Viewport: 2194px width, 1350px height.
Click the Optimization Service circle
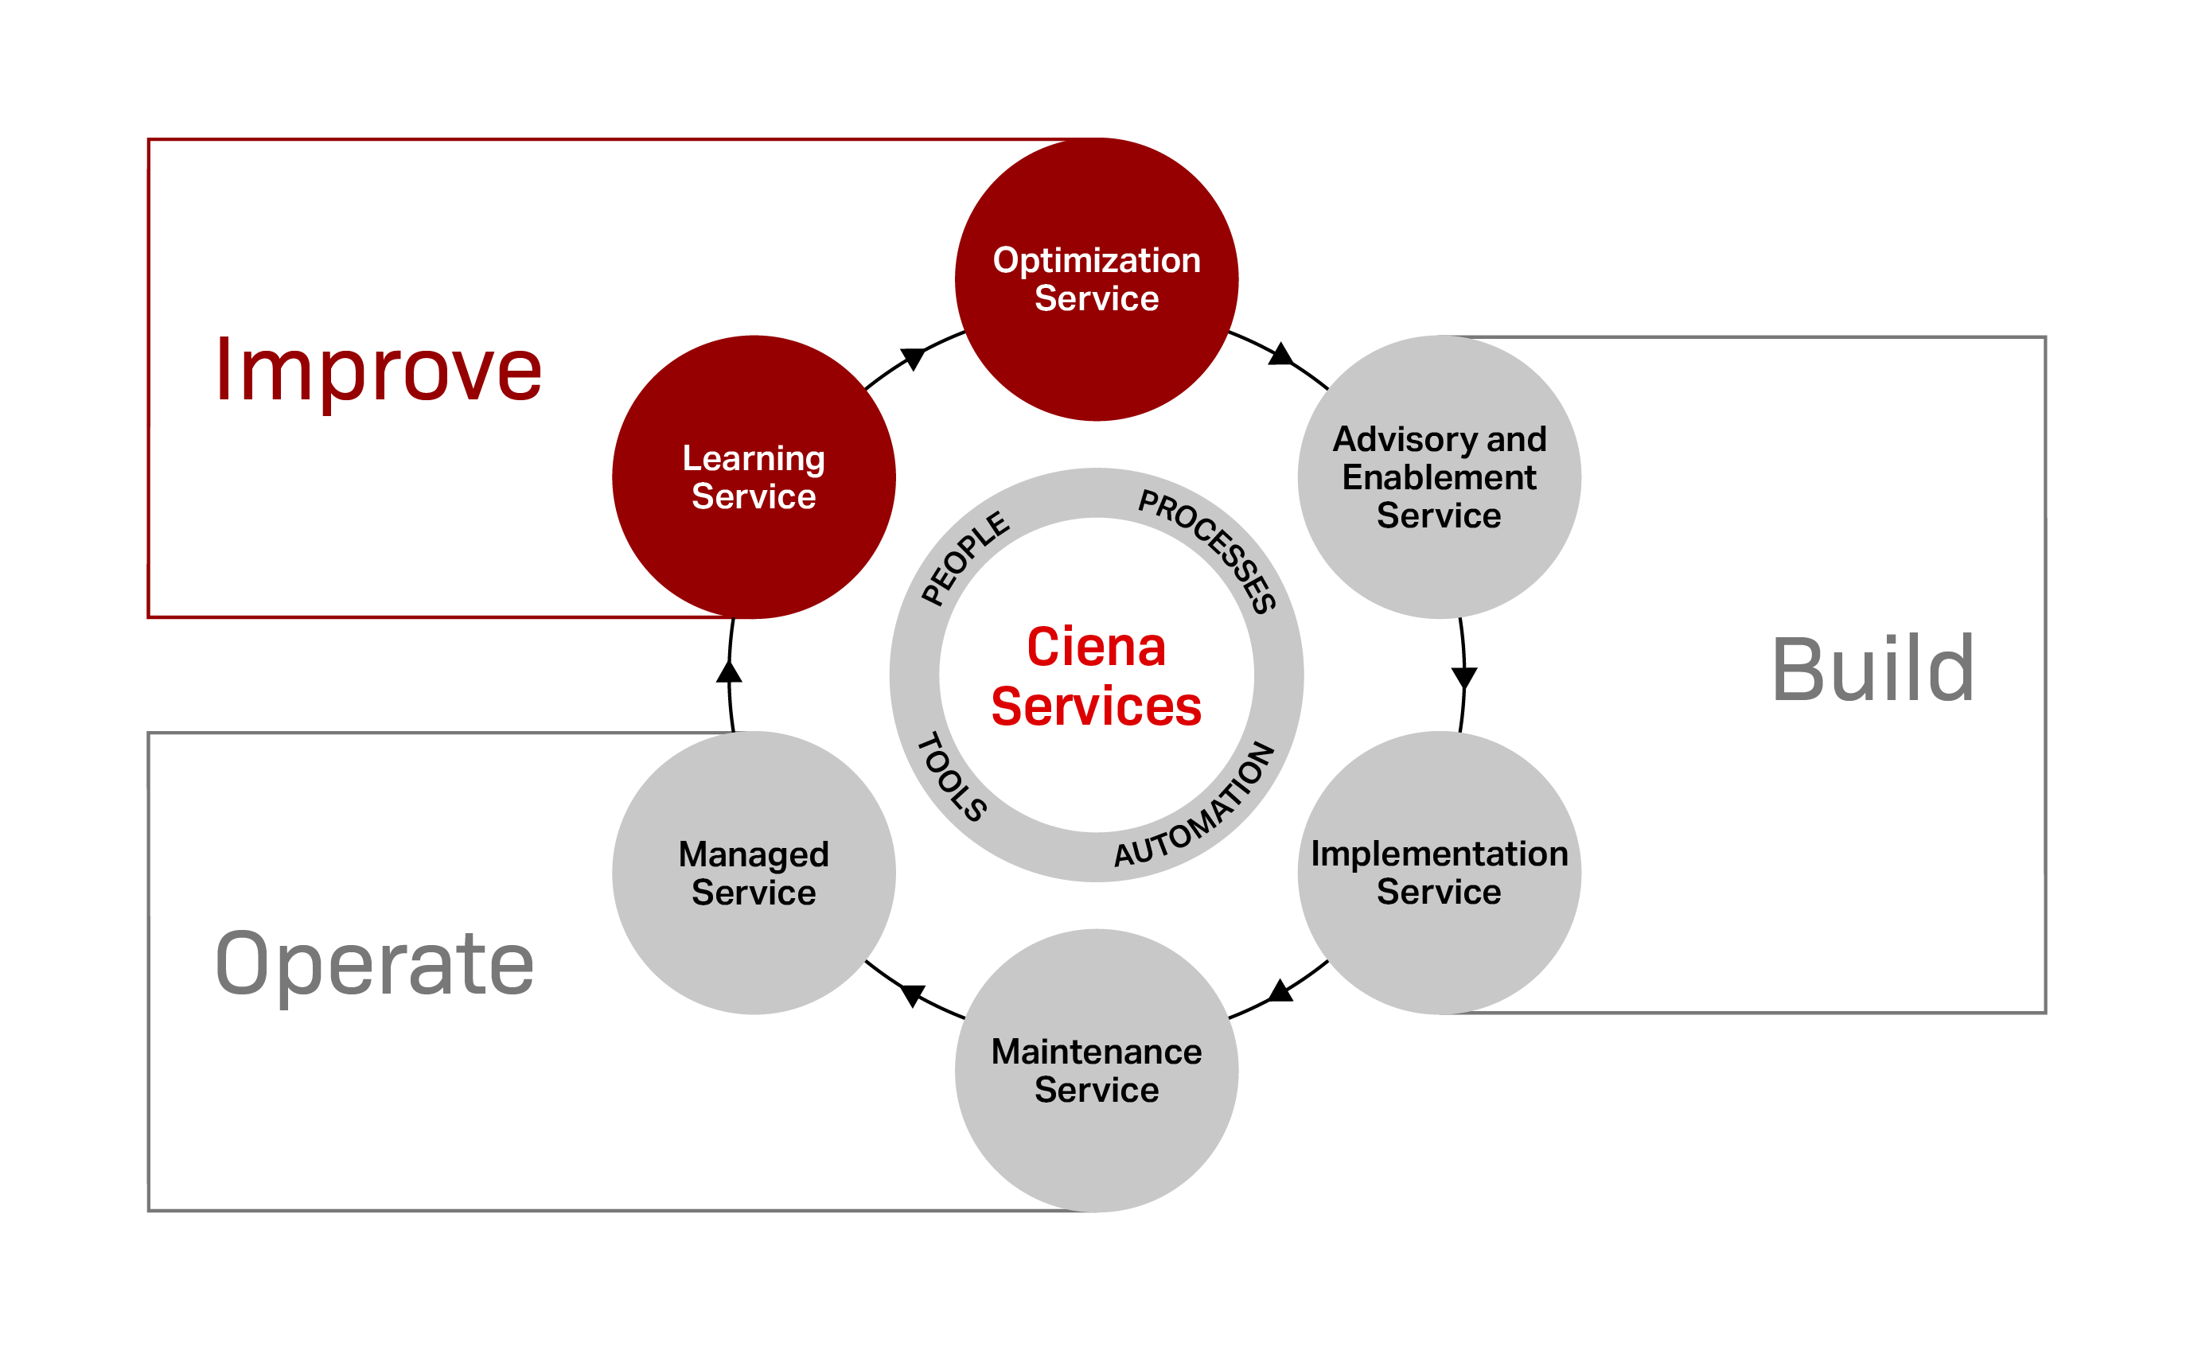tap(1096, 279)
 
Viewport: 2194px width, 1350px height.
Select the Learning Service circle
tap(754, 477)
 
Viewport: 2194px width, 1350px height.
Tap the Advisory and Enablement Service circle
tap(1439, 477)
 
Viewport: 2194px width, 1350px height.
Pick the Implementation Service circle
tap(1439, 873)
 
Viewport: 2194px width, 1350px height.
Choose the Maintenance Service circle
tap(1096, 1070)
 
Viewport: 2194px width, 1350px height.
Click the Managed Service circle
tap(754, 873)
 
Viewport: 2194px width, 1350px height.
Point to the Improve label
tap(378, 370)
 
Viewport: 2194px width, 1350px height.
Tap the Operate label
tap(374, 963)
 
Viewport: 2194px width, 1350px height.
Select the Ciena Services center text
tap(1096, 676)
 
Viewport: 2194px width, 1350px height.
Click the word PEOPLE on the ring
tap(965, 558)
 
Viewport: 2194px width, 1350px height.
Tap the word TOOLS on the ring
tap(952, 776)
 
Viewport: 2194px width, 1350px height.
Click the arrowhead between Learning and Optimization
tap(913, 358)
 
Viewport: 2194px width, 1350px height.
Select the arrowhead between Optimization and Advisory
tap(1280, 356)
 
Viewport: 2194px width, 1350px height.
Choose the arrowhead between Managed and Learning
tap(730, 671)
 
